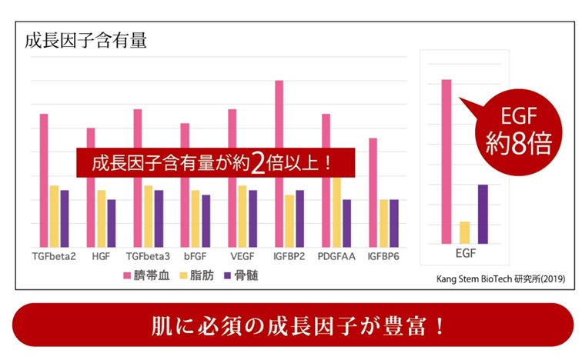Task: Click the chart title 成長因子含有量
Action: click(86, 41)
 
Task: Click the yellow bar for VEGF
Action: click(242, 215)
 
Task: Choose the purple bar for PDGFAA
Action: click(346, 223)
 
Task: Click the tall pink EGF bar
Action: click(445, 162)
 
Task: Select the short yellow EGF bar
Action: click(464, 232)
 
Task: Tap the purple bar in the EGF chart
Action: click(483, 214)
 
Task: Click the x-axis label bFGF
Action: click(194, 256)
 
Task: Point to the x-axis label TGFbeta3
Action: click(148, 256)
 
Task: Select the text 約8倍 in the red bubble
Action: click(517, 144)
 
